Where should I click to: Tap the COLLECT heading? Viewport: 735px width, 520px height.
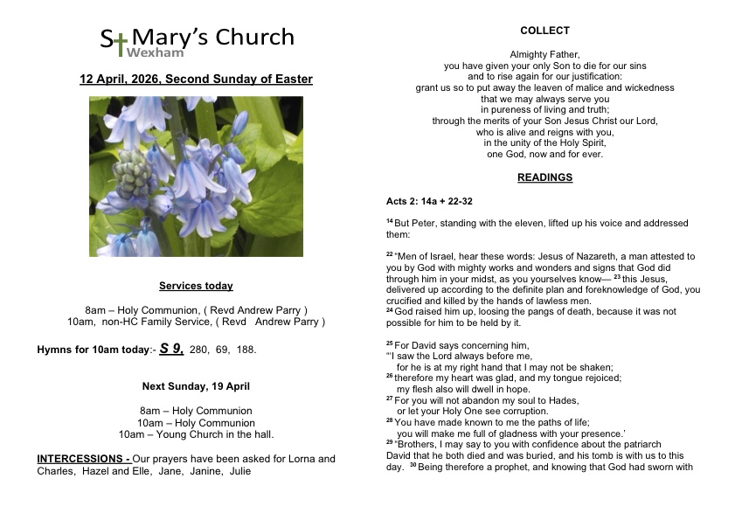pos(544,31)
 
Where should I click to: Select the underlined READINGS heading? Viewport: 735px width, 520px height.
pos(544,177)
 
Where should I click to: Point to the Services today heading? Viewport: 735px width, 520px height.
pos(196,286)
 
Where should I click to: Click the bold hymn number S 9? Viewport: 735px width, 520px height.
pos(171,349)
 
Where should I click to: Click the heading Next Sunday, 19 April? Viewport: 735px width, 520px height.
pos(196,385)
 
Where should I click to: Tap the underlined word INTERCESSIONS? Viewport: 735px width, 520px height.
pos(81,459)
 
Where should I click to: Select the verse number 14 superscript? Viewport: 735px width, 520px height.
pos(390,221)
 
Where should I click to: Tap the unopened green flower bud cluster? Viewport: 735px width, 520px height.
pos(134,173)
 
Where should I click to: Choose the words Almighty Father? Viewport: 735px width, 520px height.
pos(544,54)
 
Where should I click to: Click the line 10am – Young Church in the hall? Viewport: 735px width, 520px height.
pos(196,434)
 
